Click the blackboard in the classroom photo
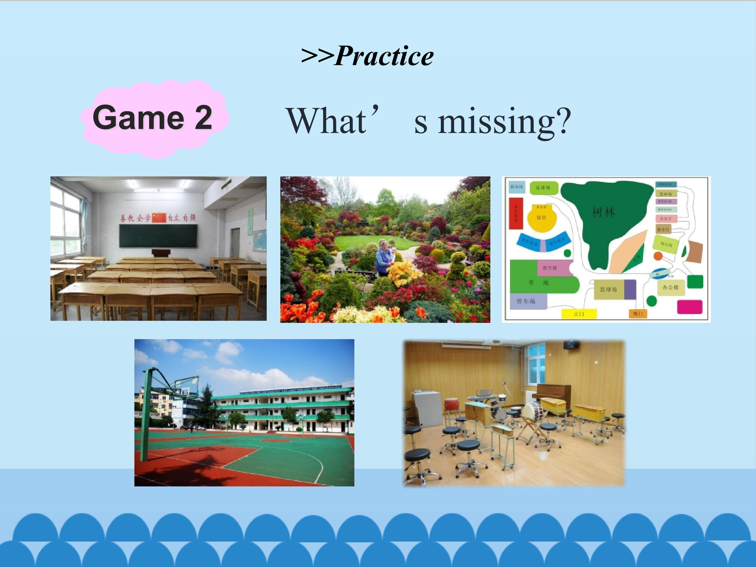pos(158,235)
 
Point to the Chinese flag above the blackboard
pos(159,217)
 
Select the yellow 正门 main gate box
pos(579,314)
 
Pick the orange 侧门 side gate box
pos(638,313)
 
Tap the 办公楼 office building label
pos(670,287)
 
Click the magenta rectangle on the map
pos(690,307)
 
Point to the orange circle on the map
pos(658,256)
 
